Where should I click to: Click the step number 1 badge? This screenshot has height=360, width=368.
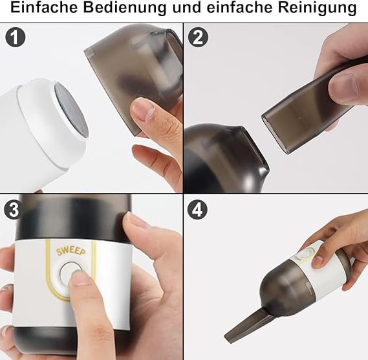coord(16,38)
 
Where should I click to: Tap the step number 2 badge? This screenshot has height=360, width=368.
coord(198,38)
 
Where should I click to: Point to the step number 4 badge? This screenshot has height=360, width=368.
coord(197,209)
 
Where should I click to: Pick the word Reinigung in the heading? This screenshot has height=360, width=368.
coord(317,8)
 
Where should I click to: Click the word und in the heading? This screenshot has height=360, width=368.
coord(187,7)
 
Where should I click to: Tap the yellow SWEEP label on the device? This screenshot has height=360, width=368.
coord(71,251)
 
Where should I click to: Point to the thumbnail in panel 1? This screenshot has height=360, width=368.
coord(143,109)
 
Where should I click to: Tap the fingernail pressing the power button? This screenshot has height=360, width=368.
coord(79,277)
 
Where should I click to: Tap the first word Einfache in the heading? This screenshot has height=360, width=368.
coord(44,7)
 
